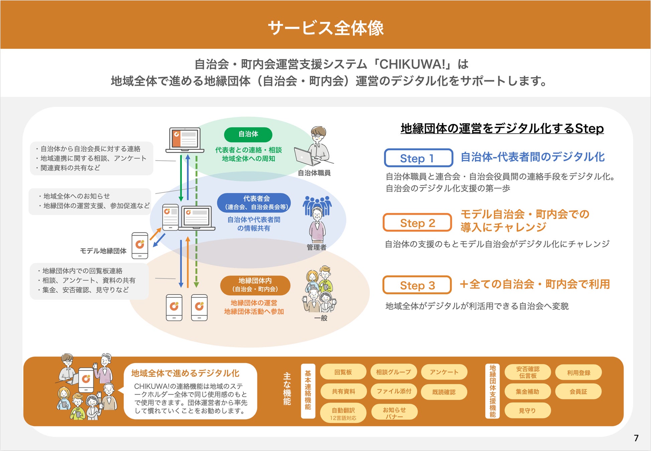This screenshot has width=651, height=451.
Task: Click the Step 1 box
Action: (x=418, y=158)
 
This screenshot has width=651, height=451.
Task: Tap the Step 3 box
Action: (x=417, y=285)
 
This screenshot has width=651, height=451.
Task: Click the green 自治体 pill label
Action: (x=248, y=134)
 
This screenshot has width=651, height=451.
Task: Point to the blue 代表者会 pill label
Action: (x=254, y=203)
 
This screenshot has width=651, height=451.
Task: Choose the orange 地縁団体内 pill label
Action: (x=255, y=285)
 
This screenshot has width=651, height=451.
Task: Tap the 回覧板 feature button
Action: (x=343, y=372)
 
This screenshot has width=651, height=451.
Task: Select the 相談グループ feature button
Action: (x=394, y=372)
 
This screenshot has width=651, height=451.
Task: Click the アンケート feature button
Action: (x=444, y=372)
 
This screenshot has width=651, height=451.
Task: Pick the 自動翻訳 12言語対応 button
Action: (x=343, y=413)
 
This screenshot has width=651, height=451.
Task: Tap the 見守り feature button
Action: (x=527, y=411)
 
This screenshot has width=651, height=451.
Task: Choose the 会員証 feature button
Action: (x=578, y=392)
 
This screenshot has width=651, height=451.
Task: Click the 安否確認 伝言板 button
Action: (x=528, y=372)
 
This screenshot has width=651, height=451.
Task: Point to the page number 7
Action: (x=636, y=438)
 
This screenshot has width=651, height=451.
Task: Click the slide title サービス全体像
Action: (x=325, y=28)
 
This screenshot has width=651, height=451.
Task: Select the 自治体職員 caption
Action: (x=314, y=173)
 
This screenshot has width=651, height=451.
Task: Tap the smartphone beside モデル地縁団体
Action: (x=140, y=246)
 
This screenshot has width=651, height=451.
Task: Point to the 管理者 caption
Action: (x=316, y=247)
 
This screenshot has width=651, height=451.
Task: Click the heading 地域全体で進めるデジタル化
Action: (x=185, y=373)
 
